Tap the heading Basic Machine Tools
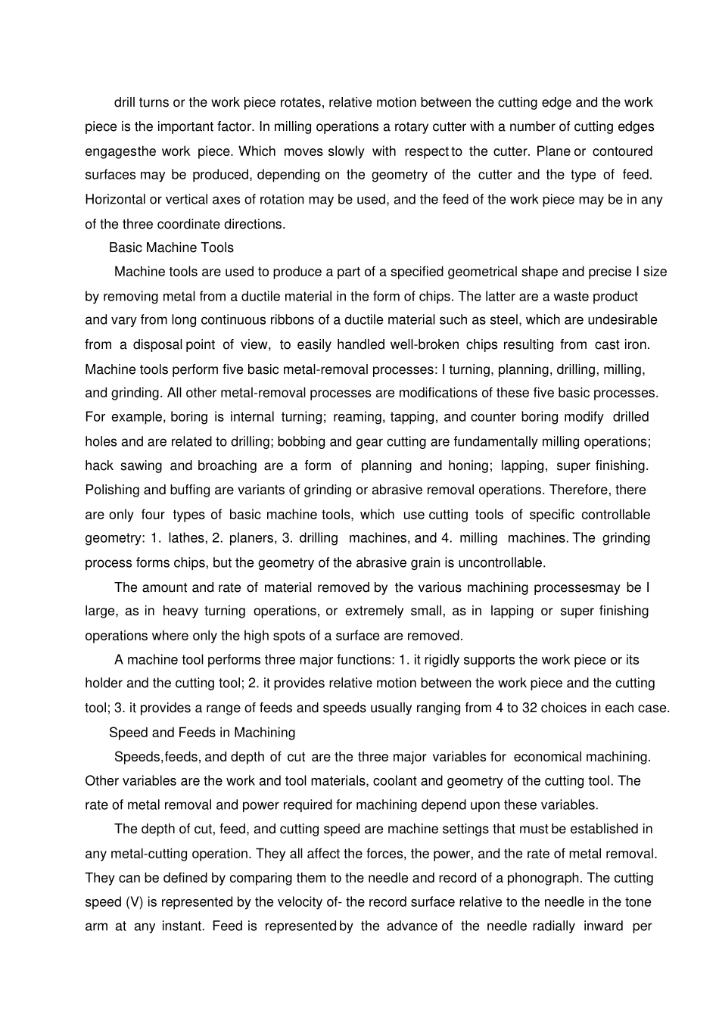click(x=171, y=247)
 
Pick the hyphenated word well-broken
click(x=425, y=344)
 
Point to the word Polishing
click(x=113, y=490)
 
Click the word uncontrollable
click(x=501, y=562)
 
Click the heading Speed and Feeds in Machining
click(x=202, y=732)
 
